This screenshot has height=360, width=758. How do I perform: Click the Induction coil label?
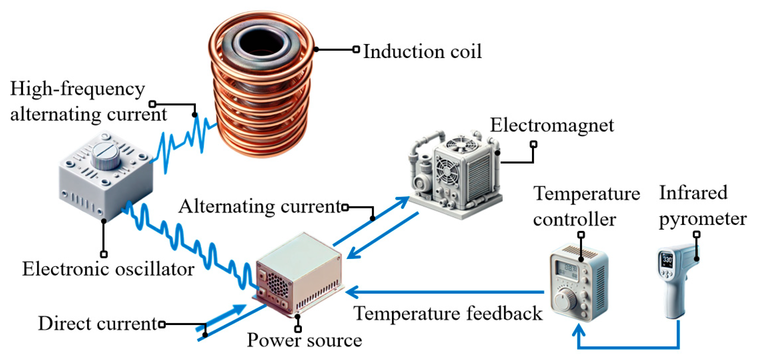[422, 51]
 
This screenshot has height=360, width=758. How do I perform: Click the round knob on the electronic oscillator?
[106, 156]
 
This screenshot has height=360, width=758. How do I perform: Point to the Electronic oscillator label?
[108, 269]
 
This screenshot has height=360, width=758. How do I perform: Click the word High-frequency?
[77, 89]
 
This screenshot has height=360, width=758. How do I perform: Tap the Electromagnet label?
[551, 125]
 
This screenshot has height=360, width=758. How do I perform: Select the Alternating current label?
[260, 206]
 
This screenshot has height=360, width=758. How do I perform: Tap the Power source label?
[304, 340]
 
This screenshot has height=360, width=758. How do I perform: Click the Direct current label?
[98, 324]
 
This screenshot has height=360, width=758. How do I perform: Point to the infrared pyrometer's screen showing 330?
[667, 260]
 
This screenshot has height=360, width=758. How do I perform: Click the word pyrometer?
[702, 219]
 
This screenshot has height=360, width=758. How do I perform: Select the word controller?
[574, 220]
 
